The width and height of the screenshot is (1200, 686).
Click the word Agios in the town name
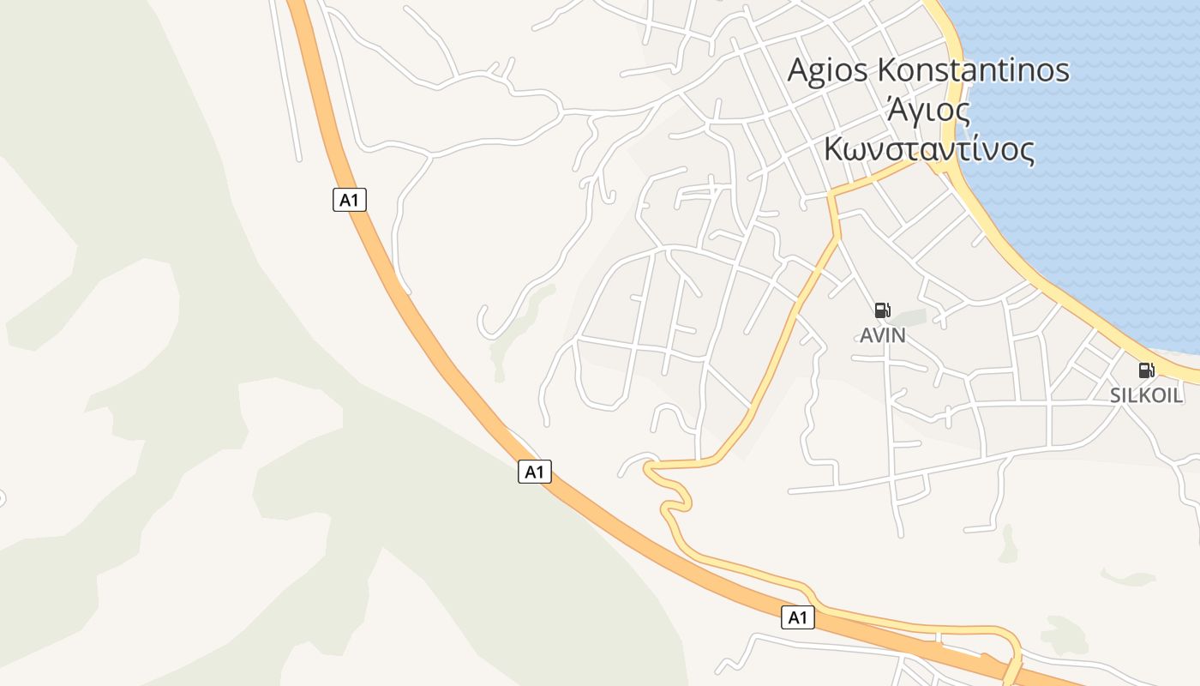click(828, 70)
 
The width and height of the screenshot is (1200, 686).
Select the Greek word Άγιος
click(928, 111)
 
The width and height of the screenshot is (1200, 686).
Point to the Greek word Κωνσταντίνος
click(928, 149)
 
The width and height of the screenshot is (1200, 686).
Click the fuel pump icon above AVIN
click(882, 310)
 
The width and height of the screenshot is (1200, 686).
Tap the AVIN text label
click(883, 335)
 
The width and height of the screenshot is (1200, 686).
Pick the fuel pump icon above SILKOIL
click(1146, 370)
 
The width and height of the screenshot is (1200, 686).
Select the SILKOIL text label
click(1147, 395)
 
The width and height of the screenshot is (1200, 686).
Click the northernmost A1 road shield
click(349, 200)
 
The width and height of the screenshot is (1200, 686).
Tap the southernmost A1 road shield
click(797, 617)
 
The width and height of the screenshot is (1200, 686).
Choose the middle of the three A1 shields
click(534, 471)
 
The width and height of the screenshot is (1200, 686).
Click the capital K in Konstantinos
click(886, 70)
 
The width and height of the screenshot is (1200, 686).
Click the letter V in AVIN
click(878, 335)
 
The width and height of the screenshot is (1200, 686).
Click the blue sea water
click(1114, 171)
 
